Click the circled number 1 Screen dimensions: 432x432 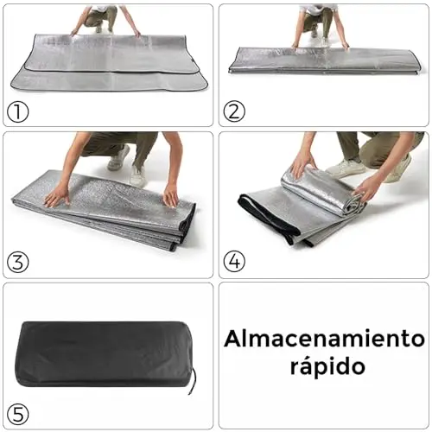(x=17, y=111)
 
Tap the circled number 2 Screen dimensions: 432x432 (x=234, y=111)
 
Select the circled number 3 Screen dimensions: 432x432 (x=17, y=262)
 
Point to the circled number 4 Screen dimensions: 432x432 (x=234, y=262)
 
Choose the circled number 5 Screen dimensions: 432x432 (x=17, y=414)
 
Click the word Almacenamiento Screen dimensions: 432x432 (x=324, y=339)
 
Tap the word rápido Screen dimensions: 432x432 (x=327, y=366)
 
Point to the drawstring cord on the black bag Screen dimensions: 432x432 (x=194, y=379)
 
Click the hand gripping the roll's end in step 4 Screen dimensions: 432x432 (x=364, y=187)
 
